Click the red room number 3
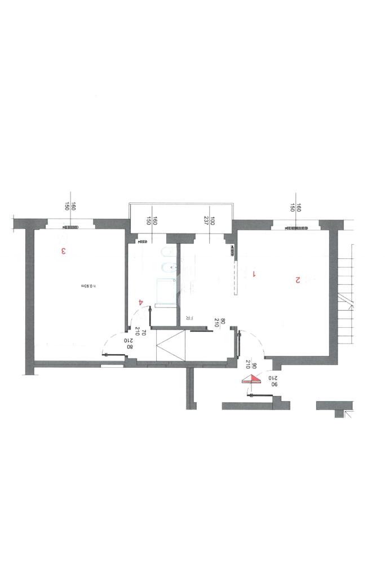click(x=64, y=251)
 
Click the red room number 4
click(x=140, y=302)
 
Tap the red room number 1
click(x=255, y=274)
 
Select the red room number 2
click(x=297, y=280)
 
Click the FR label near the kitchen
click(x=190, y=318)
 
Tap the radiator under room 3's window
click(x=71, y=227)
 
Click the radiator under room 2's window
click(x=297, y=228)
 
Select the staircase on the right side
click(x=344, y=293)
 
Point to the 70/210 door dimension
click(x=141, y=333)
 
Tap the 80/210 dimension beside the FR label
click(x=220, y=323)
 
